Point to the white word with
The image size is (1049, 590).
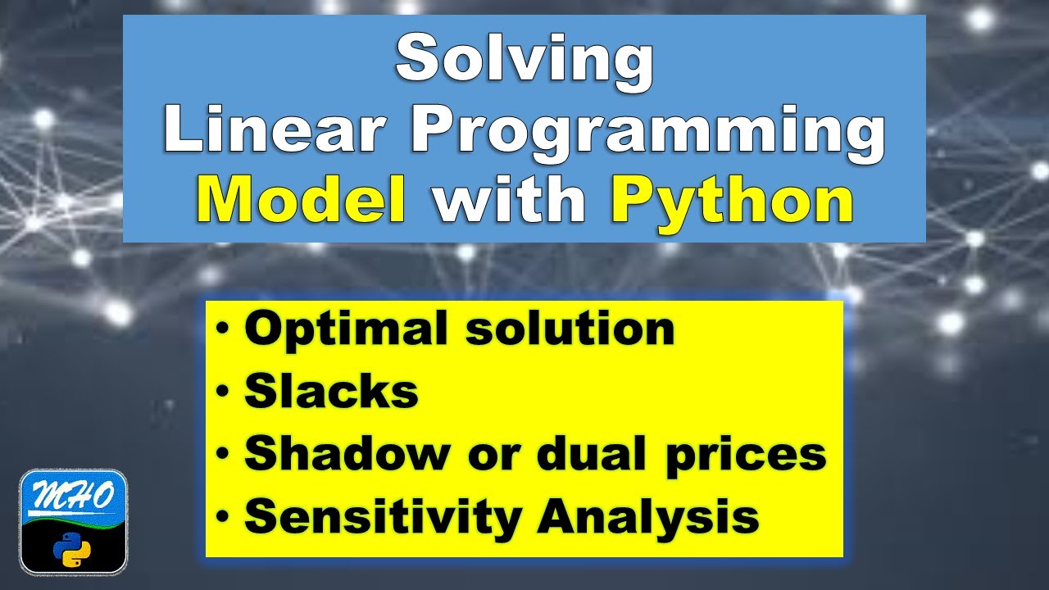click(509, 201)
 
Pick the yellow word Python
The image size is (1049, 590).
click(732, 201)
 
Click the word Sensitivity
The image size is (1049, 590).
click(382, 517)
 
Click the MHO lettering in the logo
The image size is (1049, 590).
click(73, 496)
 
